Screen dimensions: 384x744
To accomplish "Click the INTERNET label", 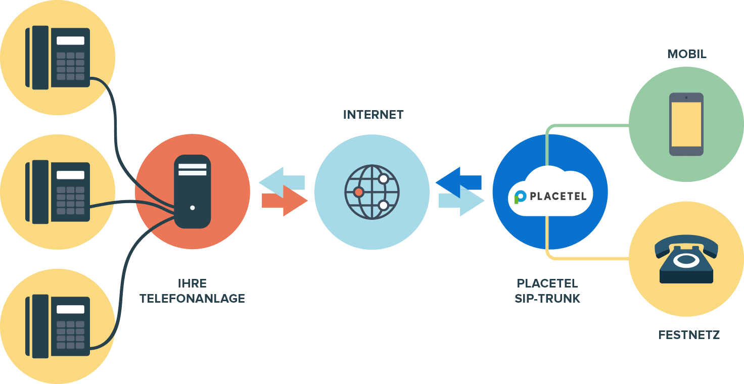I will (x=373, y=115).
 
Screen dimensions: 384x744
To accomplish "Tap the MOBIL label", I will (x=686, y=54).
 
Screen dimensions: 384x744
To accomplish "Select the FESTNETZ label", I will (x=689, y=334).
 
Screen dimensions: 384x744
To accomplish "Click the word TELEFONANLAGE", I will (x=192, y=299).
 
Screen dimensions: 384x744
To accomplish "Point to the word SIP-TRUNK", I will (x=547, y=299).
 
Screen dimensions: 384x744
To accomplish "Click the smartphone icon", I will (x=686, y=124).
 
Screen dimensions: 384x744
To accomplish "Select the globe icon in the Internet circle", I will (x=372, y=192).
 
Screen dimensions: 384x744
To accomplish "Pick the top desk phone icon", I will (x=58, y=58).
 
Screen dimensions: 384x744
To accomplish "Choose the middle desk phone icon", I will (x=58, y=192).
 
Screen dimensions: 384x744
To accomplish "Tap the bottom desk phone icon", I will (x=58, y=326).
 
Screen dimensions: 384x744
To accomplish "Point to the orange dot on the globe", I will (x=358, y=192).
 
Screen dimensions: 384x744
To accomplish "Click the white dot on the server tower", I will (x=192, y=207).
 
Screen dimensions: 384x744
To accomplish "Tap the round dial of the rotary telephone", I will (x=686, y=261).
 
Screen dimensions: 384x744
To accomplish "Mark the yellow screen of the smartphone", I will (x=686, y=124).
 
